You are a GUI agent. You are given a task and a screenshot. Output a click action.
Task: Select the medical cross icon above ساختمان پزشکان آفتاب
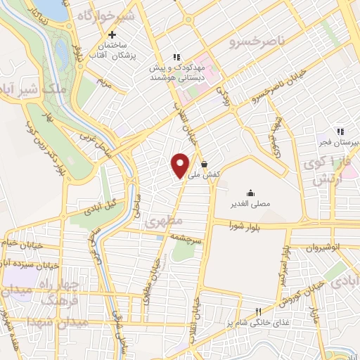coord(112,34)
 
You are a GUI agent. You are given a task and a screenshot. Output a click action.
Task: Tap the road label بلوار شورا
coord(247,226)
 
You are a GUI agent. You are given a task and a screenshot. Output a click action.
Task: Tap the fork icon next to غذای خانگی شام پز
coord(258,311)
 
